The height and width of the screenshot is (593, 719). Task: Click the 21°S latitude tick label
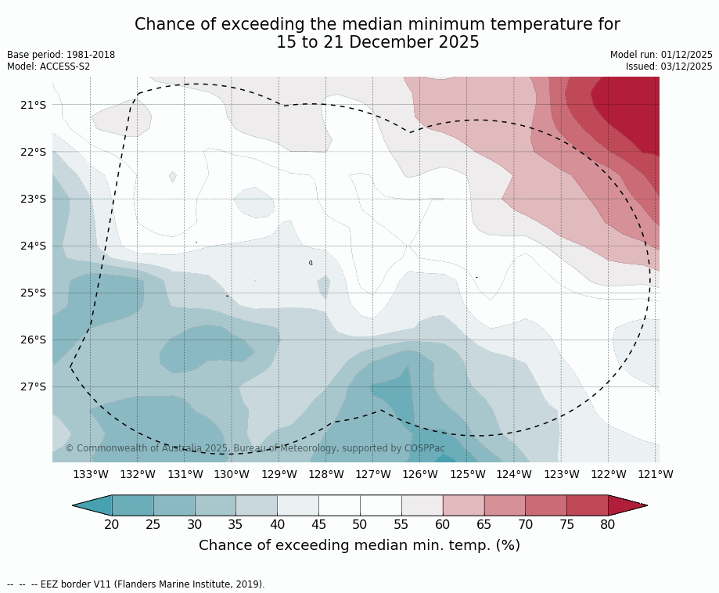(x=32, y=105)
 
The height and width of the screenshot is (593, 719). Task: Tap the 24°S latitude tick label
(x=32, y=246)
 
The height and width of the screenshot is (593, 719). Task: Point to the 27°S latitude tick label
(x=32, y=386)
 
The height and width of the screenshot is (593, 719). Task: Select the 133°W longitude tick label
(x=91, y=474)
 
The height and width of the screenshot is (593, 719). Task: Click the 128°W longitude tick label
(x=326, y=474)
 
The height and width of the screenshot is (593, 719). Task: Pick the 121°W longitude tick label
(x=656, y=474)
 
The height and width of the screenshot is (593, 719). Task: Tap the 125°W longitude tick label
(x=467, y=474)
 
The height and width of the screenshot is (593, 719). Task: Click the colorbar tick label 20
(x=112, y=524)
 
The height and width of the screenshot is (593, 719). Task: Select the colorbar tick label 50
(x=360, y=524)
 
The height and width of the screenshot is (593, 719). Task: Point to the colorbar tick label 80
(x=608, y=524)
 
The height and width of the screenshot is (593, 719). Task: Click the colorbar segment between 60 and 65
(x=463, y=505)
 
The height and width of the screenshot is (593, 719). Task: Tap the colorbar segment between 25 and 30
(x=174, y=505)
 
